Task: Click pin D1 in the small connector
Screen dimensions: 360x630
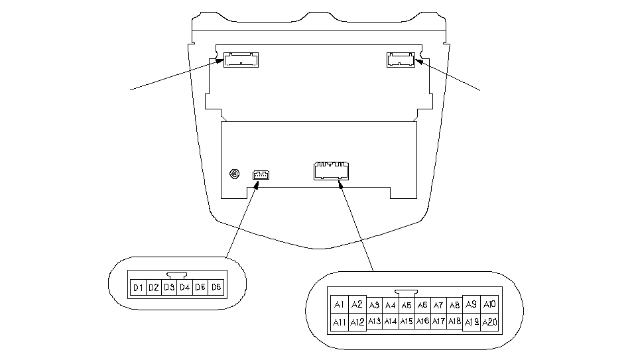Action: [138, 287]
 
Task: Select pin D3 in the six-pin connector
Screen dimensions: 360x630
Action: [169, 287]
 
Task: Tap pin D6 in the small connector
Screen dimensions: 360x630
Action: [216, 287]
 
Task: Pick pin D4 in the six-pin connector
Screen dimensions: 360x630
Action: [184, 287]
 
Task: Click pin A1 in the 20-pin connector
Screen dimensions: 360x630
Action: [339, 304]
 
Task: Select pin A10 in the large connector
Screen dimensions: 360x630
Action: [489, 304]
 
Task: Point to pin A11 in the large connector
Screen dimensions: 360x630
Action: [339, 322]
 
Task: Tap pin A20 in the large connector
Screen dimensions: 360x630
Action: [489, 322]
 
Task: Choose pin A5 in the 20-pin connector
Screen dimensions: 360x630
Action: [407, 305]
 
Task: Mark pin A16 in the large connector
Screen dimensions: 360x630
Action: [422, 322]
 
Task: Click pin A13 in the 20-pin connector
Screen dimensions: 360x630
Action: [374, 322]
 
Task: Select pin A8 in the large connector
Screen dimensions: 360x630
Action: [454, 305]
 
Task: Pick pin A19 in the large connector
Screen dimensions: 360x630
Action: [472, 322]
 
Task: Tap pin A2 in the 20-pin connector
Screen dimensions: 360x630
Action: [357, 304]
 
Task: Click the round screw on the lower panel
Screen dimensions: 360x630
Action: [233, 174]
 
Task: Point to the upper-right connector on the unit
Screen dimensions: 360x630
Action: [401, 60]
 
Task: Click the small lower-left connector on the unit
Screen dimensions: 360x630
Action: [261, 175]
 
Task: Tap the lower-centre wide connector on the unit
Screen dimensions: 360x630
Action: [331, 171]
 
